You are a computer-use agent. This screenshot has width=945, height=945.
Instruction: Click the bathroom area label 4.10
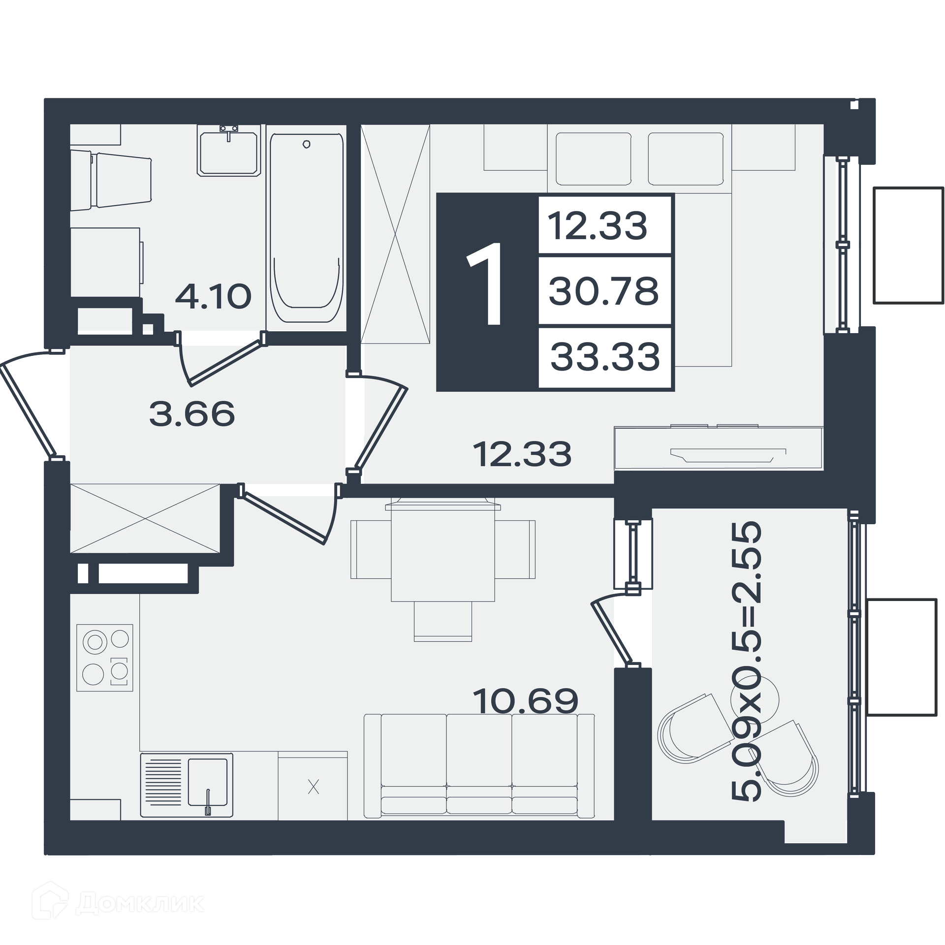pos(213,296)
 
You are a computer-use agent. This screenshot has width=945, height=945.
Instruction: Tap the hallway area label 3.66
pos(192,413)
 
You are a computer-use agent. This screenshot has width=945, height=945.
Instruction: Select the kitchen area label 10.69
pos(525,701)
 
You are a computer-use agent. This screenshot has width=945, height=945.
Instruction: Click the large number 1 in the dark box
pos(486,284)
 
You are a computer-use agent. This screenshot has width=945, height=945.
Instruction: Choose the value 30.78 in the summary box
pos(603,291)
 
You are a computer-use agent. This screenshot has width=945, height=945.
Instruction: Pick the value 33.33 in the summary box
pos(605,357)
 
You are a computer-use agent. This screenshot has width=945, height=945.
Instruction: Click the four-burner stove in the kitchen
pos(105,658)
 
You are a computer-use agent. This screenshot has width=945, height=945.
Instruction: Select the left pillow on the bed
pos(593,159)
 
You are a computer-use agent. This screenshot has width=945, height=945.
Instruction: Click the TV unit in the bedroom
pos(719,448)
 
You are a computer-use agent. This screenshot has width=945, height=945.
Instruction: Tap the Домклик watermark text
pos(140,903)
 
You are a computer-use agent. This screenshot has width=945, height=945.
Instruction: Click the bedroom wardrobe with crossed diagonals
pos(395,234)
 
